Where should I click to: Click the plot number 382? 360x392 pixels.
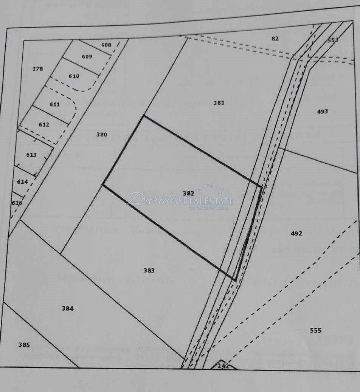click(x=188, y=193)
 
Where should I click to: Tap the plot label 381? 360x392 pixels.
click(x=219, y=102)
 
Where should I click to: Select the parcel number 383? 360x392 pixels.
click(x=149, y=270)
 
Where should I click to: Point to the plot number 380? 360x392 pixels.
click(x=101, y=134)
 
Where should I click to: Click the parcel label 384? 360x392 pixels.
click(x=67, y=308)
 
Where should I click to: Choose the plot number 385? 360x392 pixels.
click(x=24, y=345)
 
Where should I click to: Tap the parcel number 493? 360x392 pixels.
click(x=322, y=112)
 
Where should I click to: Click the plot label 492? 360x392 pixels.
click(x=296, y=233)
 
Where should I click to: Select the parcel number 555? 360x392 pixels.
click(x=315, y=330)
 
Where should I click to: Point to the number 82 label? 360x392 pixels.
click(x=275, y=39)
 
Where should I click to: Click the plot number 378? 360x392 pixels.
click(x=38, y=69)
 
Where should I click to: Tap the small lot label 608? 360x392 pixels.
click(x=106, y=45)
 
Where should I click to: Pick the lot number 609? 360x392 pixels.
click(x=87, y=57)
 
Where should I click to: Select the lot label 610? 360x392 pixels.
click(x=74, y=76)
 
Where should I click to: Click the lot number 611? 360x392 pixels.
click(x=55, y=104)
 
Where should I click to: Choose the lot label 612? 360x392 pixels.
click(x=44, y=124)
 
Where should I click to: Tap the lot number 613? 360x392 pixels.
click(x=31, y=155)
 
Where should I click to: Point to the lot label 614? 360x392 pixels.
click(x=23, y=181)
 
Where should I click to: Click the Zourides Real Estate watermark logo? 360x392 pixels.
click(x=182, y=199)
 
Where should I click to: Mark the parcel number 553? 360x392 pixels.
click(x=333, y=40)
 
